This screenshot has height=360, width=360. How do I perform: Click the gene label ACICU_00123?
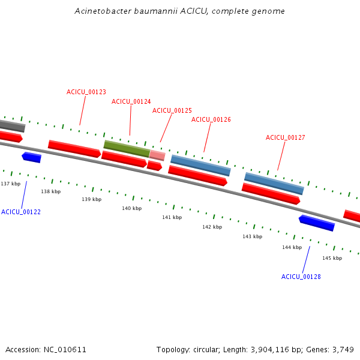tap(86, 92)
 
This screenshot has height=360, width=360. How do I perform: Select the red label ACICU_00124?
tap(131, 101)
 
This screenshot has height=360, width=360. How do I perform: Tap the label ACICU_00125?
tap(172, 110)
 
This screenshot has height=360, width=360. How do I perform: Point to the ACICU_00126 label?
tap(211, 119)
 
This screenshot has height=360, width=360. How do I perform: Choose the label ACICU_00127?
tap(286, 137)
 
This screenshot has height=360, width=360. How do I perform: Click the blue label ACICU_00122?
tap(21, 212)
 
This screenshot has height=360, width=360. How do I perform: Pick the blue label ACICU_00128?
tap(301, 277)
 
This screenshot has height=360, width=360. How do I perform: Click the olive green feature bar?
tap(127, 148)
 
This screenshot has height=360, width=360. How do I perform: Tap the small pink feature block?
tap(157, 155)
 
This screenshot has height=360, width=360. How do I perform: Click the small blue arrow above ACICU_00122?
tap(31, 157)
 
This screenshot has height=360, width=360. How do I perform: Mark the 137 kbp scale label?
tap(10, 184)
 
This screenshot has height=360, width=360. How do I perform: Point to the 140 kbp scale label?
tap(131, 208)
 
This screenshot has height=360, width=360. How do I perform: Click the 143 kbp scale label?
tap(252, 236)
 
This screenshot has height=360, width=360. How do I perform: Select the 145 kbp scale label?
tap(332, 258)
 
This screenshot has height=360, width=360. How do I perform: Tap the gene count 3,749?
tap(343, 349)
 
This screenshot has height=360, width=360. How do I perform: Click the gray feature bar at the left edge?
tap(12, 126)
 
